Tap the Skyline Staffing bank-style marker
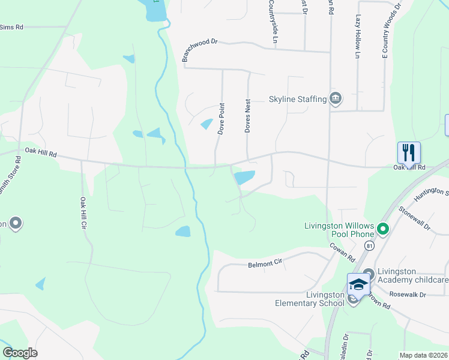336,98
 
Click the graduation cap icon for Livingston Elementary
358,284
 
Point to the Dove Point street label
221,119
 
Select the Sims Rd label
11,27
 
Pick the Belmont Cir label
265,263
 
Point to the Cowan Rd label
342,250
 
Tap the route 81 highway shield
369,246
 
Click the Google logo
20,353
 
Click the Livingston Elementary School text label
309,298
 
